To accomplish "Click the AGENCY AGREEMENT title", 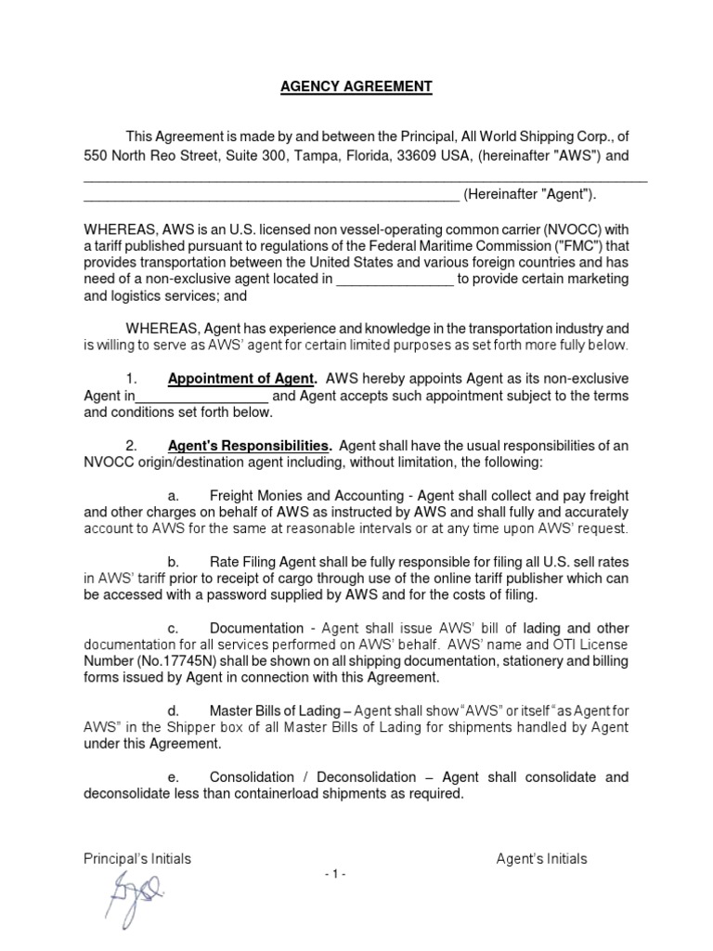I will [356, 86].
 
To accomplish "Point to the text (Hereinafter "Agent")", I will [530, 194].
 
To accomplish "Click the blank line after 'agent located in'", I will [394, 280].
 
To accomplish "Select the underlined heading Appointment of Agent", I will [241, 379].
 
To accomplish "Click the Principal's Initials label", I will [137, 859].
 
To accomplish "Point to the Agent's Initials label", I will [541, 859].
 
